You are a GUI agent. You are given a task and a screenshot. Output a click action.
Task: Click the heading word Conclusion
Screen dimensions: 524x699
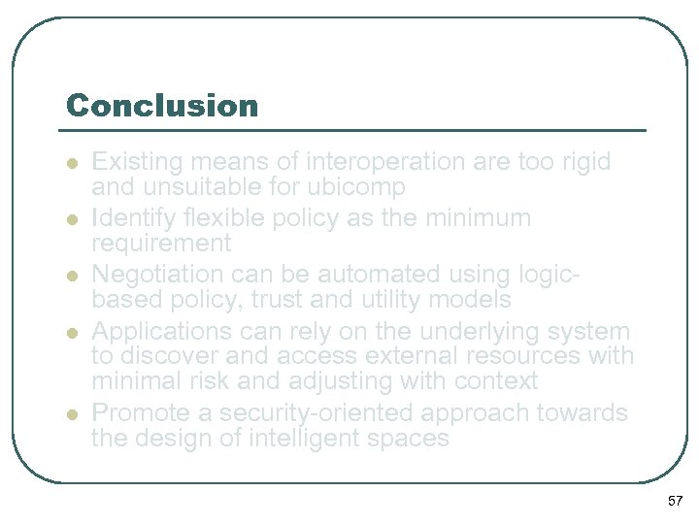point(162,105)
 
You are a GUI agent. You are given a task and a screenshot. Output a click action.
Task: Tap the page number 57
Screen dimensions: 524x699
point(676,501)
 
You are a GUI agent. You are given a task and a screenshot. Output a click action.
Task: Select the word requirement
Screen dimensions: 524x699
point(161,243)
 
